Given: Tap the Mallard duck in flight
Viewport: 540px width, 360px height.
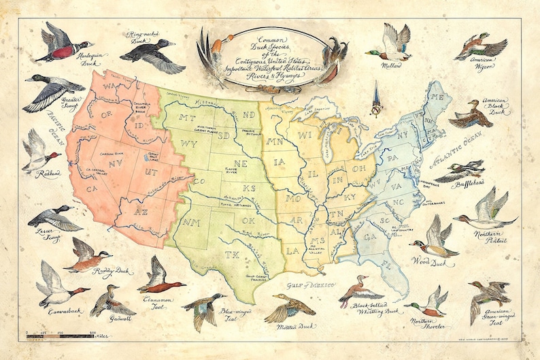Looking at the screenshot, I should click(x=392, y=46).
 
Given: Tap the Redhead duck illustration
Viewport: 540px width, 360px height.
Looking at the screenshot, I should click(x=37, y=154).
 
